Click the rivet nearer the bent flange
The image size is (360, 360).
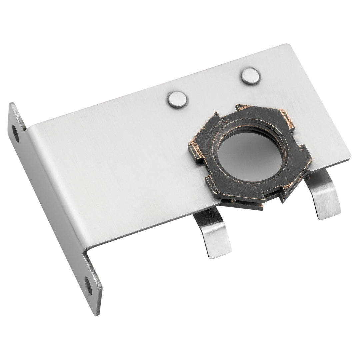click(177, 99)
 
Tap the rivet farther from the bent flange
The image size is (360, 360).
click(251, 76)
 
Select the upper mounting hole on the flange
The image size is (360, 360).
click(16, 133)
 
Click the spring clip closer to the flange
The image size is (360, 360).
click(213, 233)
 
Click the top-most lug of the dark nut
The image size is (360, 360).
click(243, 108)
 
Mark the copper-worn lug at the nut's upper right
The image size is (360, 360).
click(287, 118)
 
